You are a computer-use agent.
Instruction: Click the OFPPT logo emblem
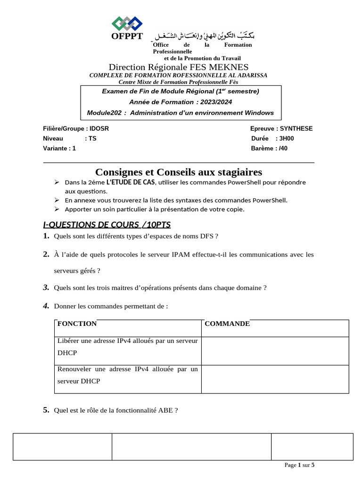127,23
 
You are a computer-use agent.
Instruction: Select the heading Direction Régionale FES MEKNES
179,67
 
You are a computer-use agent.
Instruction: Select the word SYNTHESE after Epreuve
296,129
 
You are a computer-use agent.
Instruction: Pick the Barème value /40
283,148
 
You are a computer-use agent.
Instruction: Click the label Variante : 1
59,148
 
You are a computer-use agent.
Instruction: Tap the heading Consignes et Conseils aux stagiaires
179,172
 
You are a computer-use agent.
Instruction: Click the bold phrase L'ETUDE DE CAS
130,182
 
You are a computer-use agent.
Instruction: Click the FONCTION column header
77,324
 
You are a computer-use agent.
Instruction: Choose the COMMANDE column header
227,324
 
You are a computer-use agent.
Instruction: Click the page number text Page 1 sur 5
299,465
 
